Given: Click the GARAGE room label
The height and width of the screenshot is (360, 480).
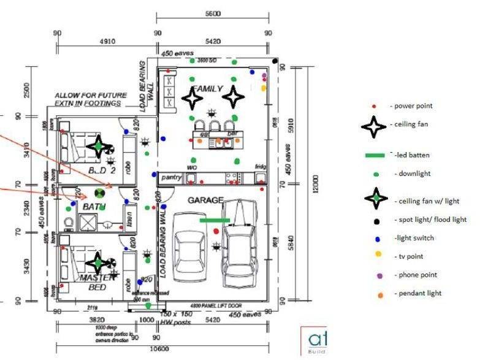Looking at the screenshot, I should click(205, 201).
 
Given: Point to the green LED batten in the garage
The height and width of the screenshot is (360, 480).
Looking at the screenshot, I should click(215, 220).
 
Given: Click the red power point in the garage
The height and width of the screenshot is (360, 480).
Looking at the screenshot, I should click(216, 231).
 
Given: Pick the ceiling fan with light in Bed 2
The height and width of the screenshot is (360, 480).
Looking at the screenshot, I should click(97, 147).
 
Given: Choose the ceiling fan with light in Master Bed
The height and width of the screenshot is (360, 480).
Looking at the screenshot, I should click(97, 262).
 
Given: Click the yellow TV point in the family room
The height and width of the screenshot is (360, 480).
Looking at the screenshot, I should click(264, 88).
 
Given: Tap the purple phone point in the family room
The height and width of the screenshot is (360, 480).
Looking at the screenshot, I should click(264, 76).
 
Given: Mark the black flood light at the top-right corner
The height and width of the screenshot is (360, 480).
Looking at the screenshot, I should click(276, 61).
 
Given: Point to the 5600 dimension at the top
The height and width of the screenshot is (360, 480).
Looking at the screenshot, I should click(213, 13).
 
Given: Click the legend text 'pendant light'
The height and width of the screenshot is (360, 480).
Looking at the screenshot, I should click(418, 293).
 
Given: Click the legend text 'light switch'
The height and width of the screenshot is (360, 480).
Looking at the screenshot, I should click(416, 238).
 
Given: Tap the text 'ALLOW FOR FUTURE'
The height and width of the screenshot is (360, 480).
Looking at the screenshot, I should click(91, 95).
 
